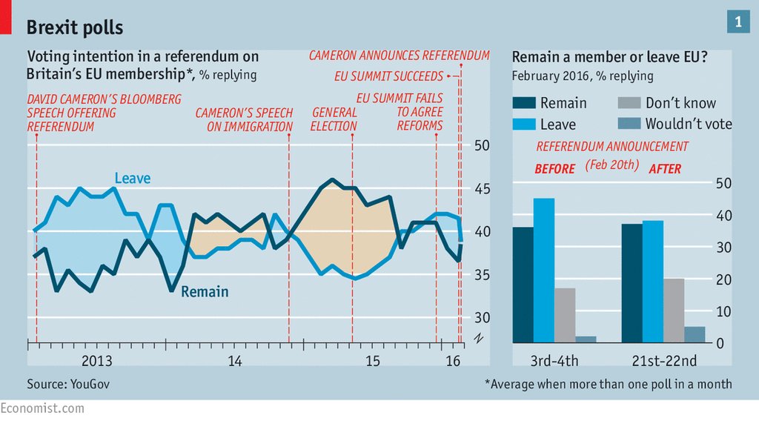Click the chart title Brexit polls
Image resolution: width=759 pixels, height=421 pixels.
pos(75,27)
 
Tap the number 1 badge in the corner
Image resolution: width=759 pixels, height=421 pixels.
pos(738,23)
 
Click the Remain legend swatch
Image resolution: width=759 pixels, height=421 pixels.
pos(523,103)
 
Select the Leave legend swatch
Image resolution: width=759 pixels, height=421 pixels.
pos(523,124)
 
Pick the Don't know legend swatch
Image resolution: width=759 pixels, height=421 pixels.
pos(628,103)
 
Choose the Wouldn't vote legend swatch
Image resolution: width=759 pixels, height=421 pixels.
pos(628,124)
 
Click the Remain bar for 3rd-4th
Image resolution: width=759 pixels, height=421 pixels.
pos(523,285)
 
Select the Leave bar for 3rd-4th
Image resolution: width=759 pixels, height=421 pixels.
pos(543,271)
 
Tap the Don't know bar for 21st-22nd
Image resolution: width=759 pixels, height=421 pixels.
pos(674,311)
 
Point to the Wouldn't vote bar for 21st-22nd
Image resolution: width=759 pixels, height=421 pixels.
pos(695,334)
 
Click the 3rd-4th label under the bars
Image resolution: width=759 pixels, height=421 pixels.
pos(554,361)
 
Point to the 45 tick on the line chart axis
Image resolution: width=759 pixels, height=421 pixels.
pos(483,188)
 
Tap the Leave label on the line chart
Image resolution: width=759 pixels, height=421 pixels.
pos(132,179)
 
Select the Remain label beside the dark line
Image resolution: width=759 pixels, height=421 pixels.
pos(205,291)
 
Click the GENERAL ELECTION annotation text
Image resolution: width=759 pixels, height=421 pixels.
pos(334,119)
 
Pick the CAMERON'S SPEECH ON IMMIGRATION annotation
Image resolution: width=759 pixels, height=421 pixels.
pos(244,119)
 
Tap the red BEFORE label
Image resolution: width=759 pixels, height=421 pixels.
pos(554,169)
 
